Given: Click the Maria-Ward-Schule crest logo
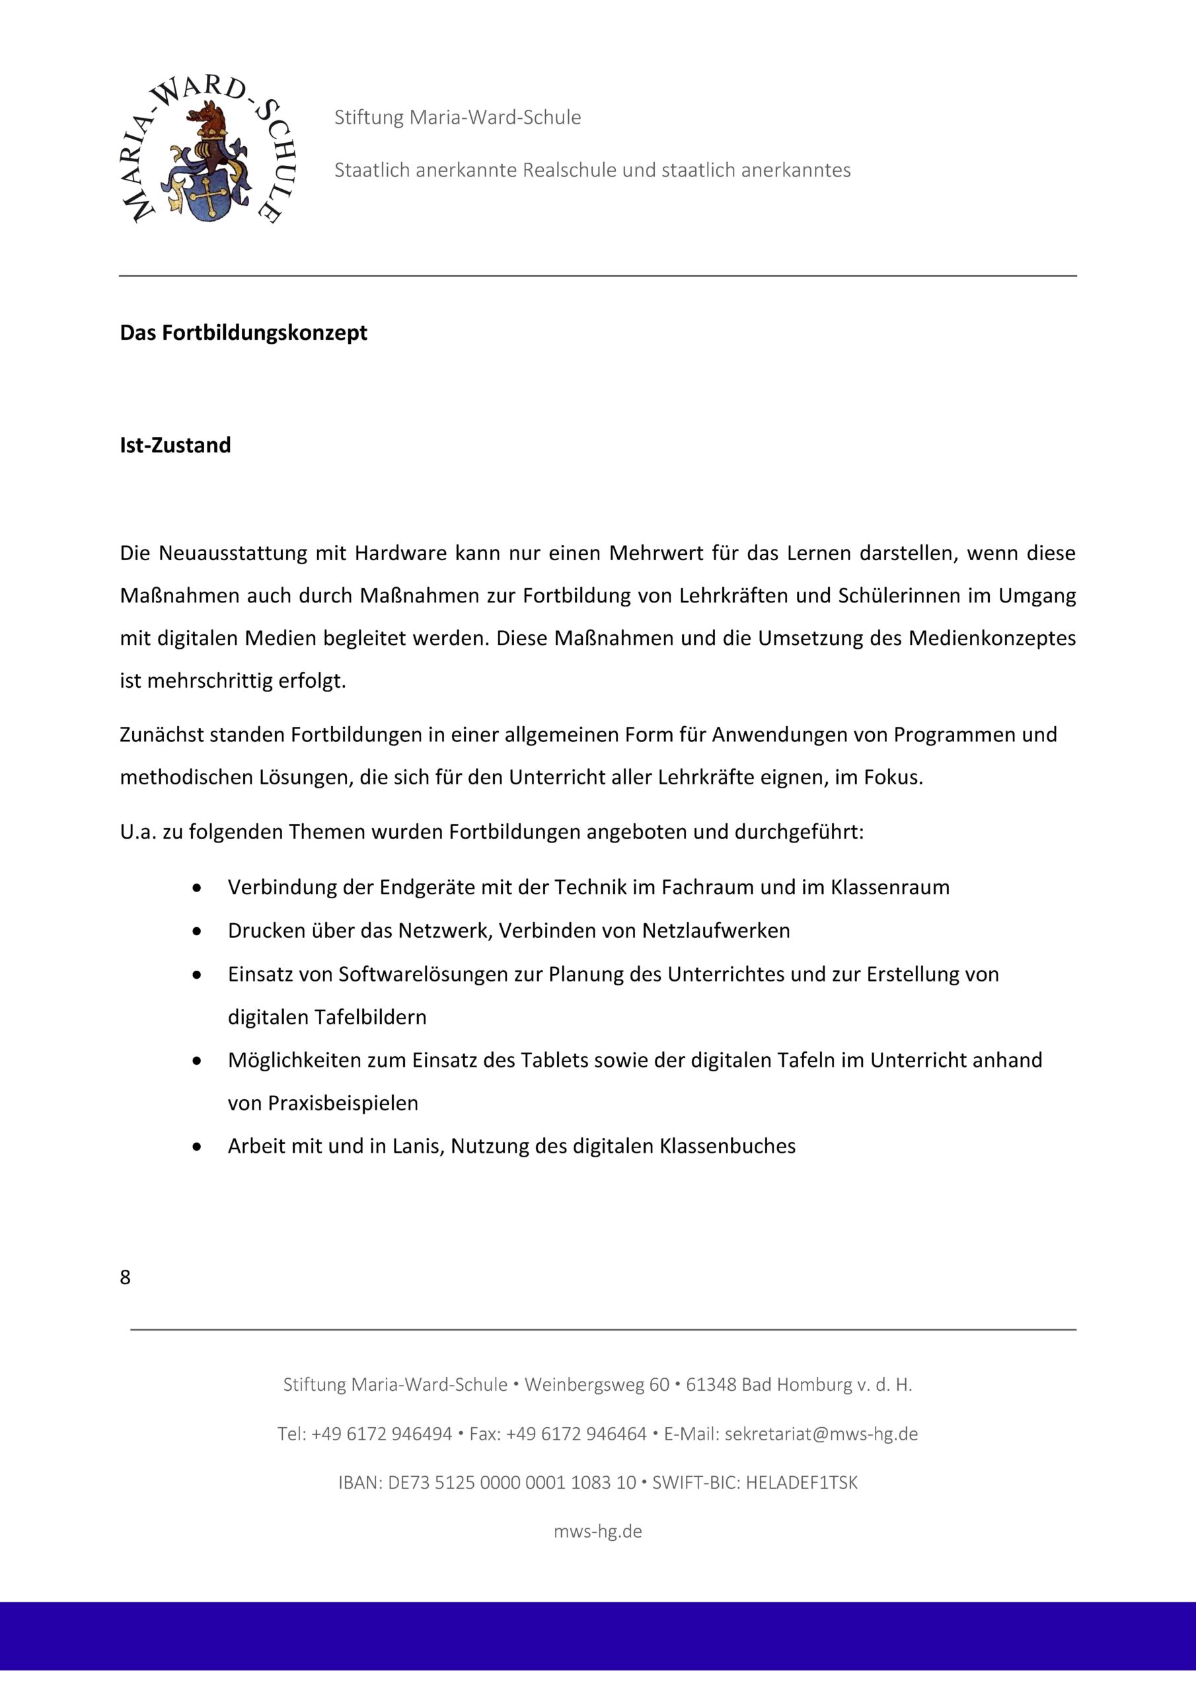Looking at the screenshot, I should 209,153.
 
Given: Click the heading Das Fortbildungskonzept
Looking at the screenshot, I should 243,333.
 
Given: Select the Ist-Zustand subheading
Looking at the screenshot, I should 175,445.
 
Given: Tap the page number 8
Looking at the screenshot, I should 126,1277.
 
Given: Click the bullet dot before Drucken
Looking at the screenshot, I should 197,931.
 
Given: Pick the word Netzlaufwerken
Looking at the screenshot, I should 716,930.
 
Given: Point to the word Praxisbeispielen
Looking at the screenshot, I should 322,1103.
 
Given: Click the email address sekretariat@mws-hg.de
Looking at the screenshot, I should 821,1434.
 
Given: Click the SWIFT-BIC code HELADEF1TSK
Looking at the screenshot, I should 801,1483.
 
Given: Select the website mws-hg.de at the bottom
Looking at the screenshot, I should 597,1532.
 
